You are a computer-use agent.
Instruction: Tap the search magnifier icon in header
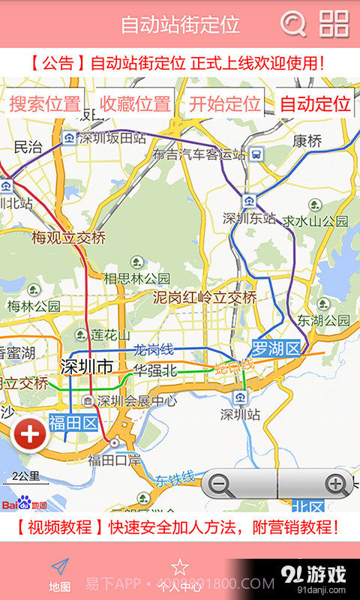click(x=293, y=24)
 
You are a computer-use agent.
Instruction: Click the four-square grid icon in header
click(x=334, y=24)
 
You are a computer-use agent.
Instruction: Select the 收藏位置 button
click(x=135, y=104)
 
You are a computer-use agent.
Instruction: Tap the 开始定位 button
click(x=224, y=104)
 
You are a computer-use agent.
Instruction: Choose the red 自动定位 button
click(x=315, y=104)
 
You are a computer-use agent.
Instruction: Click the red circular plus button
click(x=30, y=435)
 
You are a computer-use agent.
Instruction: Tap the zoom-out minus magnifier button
click(x=220, y=484)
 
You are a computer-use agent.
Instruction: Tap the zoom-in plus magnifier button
click(x=335, y=484)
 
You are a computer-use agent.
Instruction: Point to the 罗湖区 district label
click(x=275, y=349)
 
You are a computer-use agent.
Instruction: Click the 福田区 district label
click(x=73, y=424)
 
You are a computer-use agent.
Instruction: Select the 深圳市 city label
click(x=86, y=367)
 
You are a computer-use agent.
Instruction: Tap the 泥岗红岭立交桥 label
click(x=205, y=298)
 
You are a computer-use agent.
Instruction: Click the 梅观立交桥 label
click(x=68, y=238)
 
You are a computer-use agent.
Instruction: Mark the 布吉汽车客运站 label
click(x=198, y=154)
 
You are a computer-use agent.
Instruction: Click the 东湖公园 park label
click(x=324, y=320)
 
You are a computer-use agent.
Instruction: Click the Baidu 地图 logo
click(x=24, y=504)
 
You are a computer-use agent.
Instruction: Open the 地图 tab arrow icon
click(x=60, y=568)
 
